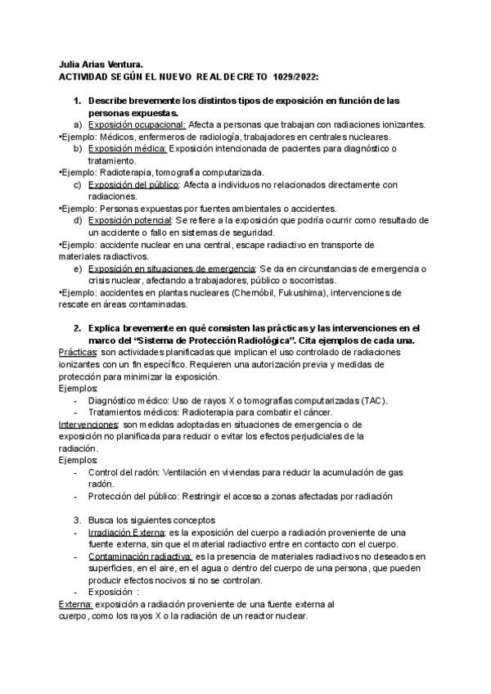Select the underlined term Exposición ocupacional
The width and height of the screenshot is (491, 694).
tap(137, 124)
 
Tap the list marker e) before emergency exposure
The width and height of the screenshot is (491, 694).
tap(77, 268)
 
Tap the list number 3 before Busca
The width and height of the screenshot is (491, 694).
tap(77, 520)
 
